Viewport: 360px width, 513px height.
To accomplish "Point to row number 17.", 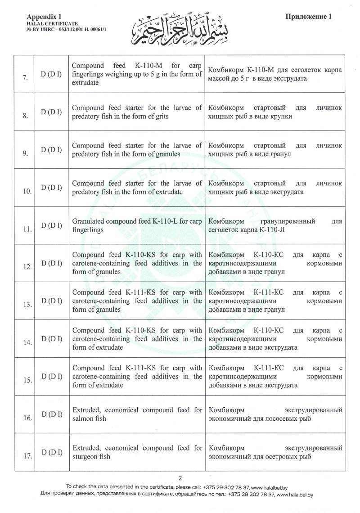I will point(27,456).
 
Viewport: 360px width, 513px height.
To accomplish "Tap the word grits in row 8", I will point(160,117).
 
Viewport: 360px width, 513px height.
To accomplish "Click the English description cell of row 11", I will point(137,225).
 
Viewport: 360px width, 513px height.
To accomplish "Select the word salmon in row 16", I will point(82,418).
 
